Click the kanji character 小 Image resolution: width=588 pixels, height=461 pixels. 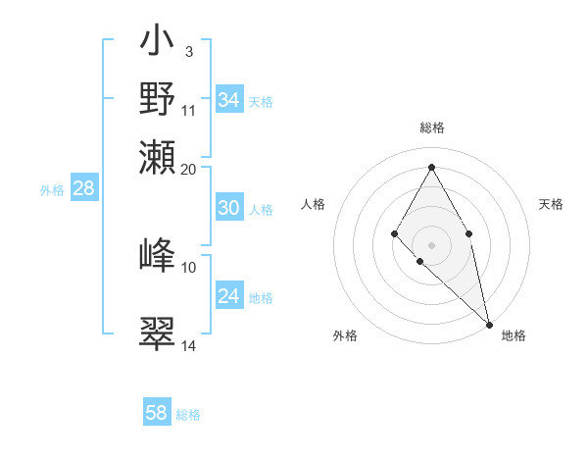157,43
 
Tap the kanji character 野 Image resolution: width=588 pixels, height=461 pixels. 157,99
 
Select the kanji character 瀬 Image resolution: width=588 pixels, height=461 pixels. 157,157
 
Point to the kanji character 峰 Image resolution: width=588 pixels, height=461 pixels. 157,255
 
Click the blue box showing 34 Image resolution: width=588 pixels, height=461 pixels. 229,100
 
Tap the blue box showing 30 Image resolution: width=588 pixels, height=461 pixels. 229,208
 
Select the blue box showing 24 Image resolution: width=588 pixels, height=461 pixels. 229,296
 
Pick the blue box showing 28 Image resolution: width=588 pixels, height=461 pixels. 84,189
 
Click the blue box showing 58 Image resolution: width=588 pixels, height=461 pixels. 157,413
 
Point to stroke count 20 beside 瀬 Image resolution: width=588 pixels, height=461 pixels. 189,169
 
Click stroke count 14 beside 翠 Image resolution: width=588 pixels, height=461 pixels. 189,345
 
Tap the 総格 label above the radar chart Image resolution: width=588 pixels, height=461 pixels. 432,128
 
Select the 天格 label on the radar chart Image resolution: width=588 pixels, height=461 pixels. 551,204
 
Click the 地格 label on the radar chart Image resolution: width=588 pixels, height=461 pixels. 514,335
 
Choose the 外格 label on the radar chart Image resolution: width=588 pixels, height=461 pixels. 345,335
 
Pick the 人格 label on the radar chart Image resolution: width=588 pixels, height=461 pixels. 314,204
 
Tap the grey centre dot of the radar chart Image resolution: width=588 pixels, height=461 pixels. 431,243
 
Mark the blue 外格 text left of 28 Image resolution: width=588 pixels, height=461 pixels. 52,190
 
